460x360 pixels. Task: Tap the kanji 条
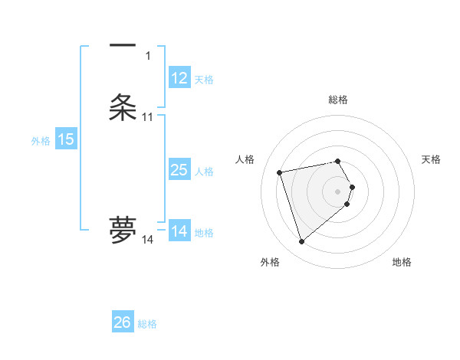click(x=123, y=107)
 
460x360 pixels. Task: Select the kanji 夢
click(x=123, y=230)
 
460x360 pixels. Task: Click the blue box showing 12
click(x=179, y=78)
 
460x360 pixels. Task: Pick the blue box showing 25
click(x=179, y=170)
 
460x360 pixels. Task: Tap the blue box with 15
click(x=66, y=139)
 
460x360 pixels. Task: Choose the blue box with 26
click(x=123, y=322)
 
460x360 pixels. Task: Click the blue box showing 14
click(x=179, y=231)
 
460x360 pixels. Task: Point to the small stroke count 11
click(x=147, y=117)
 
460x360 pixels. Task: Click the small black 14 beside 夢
click(x=147, y=240)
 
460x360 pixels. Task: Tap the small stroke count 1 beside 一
click(x=148, y=56)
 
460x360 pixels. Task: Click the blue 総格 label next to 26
click(x=147, y=324)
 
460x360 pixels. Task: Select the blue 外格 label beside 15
click(x=41, y=141)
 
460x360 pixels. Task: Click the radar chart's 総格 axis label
click(x=338, y=100)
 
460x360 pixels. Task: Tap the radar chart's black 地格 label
click(x=402, y=262)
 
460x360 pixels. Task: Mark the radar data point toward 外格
click(x=302, y=242)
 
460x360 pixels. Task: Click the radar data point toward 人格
click(x=280, y=172)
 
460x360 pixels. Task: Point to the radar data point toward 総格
click(x=338, y=161)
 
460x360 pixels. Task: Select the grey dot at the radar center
click(x=338, y=191)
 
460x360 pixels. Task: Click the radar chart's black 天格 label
click(x=432, y=159)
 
